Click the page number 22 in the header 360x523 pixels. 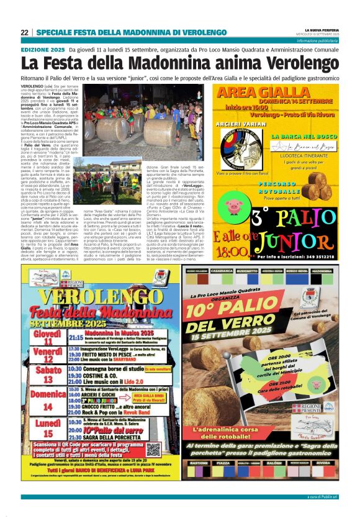pyautogui.click(x=24, y=32)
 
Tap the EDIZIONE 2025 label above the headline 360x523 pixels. pyautogui.click(x=43, y=49)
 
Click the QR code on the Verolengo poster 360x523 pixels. pyautogui.click(x=153, y=448)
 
